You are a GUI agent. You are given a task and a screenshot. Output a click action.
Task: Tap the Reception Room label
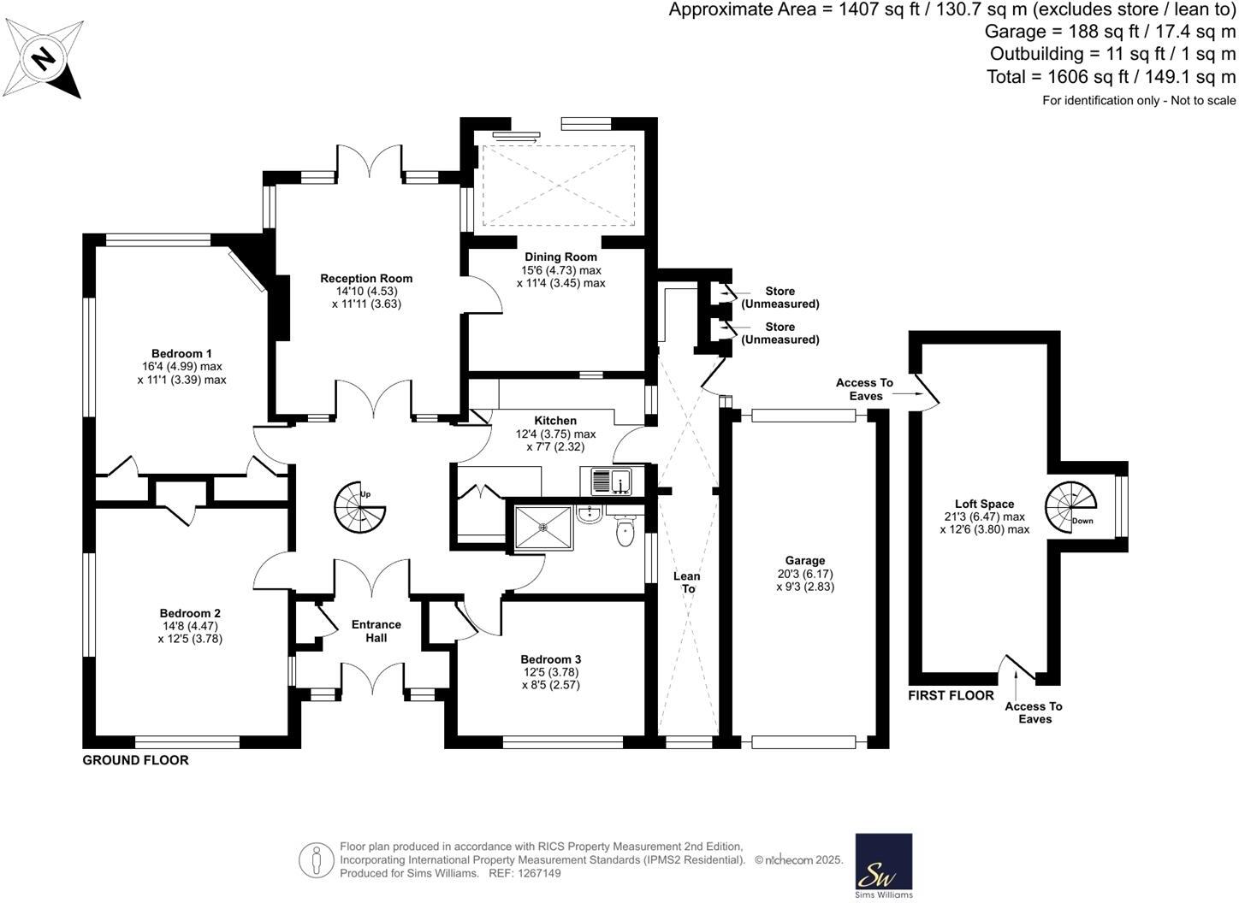point(366,278)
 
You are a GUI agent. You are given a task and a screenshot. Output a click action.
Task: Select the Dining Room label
point(560,257)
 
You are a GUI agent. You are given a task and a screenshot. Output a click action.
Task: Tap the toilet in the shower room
point(625,532)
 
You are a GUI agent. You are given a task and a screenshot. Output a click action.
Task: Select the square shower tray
point(542,529)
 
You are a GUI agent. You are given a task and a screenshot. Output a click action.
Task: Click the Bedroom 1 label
point(181,353)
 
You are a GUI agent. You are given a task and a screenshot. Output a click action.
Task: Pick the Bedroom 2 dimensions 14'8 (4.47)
point(190,626)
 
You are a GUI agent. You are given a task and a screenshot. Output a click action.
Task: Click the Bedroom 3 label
point(551,659)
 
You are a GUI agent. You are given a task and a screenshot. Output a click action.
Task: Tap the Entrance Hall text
point(376,631)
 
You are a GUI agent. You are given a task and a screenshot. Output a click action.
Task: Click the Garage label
point(805,561)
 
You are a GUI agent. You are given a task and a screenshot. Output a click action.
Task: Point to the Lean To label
point(687,582)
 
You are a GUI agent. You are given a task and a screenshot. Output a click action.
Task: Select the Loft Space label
point(984,505)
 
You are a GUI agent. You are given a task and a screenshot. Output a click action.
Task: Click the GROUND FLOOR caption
point(135,760)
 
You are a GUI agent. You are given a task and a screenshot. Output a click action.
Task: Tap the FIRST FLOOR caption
point(951,695)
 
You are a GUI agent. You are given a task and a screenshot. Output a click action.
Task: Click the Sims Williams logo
point(884,865)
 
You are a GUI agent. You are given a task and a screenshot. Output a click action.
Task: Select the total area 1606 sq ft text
point(1111,77)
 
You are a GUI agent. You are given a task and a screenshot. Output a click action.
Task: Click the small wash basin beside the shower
point(588,514)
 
